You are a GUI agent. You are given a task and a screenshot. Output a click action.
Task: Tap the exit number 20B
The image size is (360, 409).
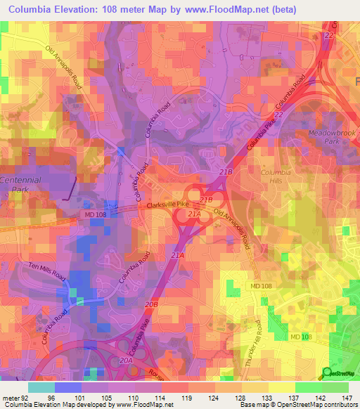pyautogui.click(x=151, y=304)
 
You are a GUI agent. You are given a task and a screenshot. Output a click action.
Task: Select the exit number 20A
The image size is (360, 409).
pyautogui.click(x=127, y=361)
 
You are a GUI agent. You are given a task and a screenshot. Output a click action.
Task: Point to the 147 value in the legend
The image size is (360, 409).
pyautogui.click(x=347, y=397)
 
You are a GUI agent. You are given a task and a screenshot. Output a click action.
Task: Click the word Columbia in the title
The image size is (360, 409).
pyautogui.click(x=32, y=9)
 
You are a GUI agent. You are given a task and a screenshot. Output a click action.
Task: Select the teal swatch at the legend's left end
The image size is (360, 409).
pyautogui.click(x=41, y=387)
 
